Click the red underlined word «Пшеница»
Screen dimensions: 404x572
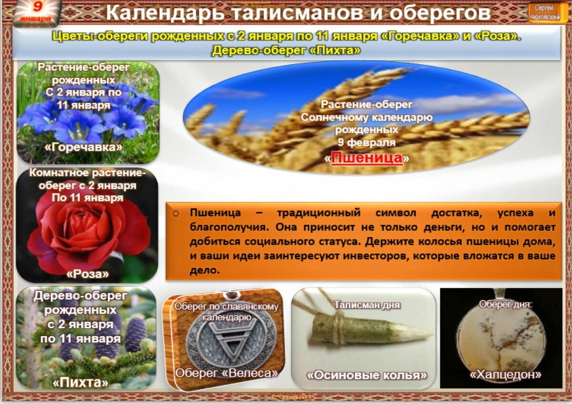[x=367, y=158]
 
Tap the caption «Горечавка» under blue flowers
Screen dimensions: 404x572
[x=83, y=147]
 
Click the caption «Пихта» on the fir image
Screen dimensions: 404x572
[x=81, y=382]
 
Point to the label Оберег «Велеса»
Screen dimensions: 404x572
[x=226, y=373]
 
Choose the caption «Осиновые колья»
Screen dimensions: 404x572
[x=367, y=375]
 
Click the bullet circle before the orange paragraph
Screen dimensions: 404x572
[x=175, y=213]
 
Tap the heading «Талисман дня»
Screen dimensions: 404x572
[x=367, y=304]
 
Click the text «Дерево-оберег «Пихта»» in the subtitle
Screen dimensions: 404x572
[x=286, y=50]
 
